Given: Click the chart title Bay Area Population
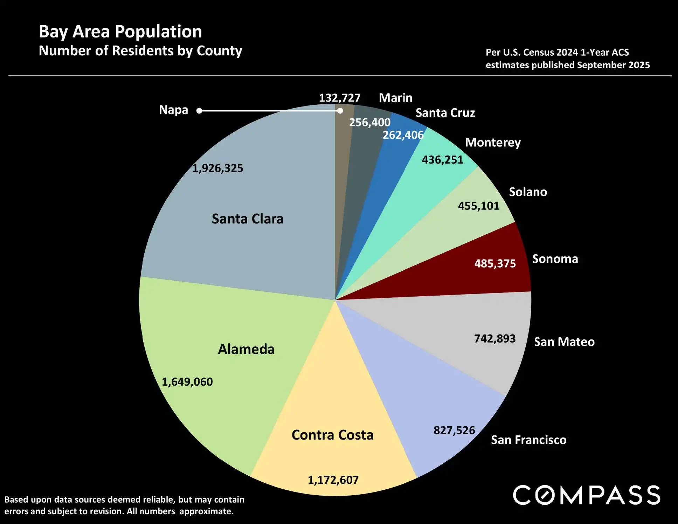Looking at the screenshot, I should tap(120, 32).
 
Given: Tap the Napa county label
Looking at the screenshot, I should tap(173, 110).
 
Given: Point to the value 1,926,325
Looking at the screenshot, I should tap(217, 168).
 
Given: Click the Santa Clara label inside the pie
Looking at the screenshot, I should tap(247, 219).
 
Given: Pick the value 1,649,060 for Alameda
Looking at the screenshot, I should tap(187, 382).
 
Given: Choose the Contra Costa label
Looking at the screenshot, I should tap(332, 435).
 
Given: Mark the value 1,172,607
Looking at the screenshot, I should tap(333, 480).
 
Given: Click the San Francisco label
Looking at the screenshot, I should tap(528, 440).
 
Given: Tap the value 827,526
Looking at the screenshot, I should tap(454, 430).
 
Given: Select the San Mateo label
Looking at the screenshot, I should tap(564, 342).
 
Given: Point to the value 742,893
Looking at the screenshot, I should tap(494, 339).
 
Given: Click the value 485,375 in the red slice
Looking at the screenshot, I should tap(495, 264).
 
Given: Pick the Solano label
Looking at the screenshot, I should tap(528, 192).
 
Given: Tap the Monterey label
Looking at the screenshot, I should tap(493, 143).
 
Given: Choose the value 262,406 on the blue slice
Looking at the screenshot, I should tap(403, 135).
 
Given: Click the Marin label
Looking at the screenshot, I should tap(395, 98).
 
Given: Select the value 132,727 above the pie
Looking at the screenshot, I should tap(339, 98).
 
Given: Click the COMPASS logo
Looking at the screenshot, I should tap(587, 495).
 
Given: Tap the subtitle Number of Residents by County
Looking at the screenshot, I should tap(140, 51).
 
